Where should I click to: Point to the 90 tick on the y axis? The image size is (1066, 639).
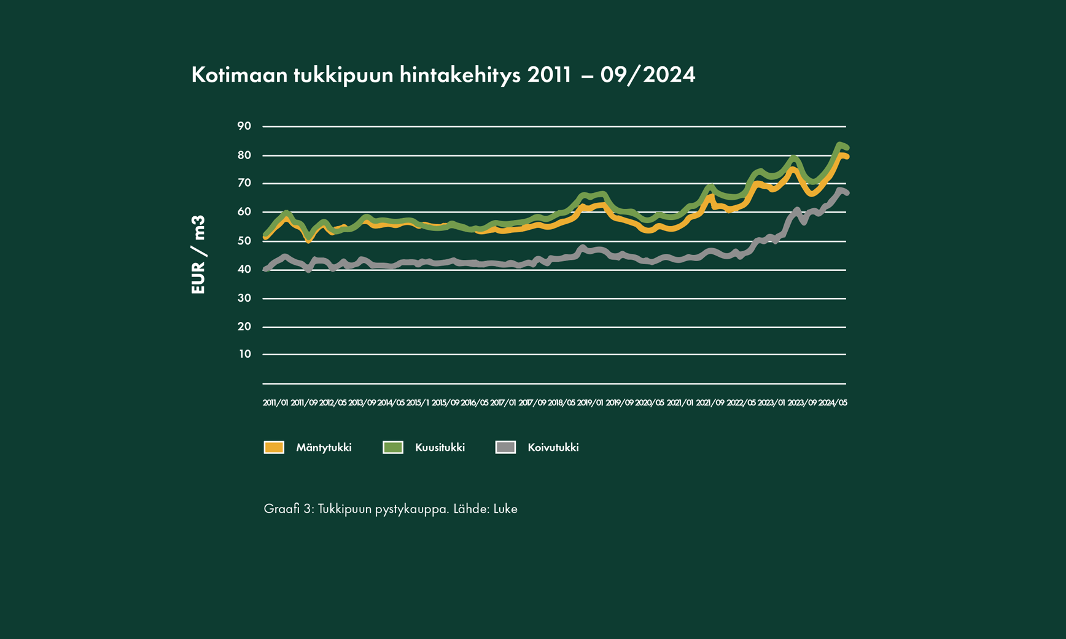click(244, 126)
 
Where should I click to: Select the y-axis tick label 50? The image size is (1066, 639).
click(244, 241)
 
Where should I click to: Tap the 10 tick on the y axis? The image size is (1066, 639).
click(245, 354)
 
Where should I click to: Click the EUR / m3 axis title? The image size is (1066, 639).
click(198, 255)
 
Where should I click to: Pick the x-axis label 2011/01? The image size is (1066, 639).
click(275, 403)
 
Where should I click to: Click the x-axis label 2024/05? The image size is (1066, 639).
click(833, 403)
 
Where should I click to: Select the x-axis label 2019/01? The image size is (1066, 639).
click(590, 403)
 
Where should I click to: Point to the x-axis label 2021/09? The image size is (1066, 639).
click(710, 403)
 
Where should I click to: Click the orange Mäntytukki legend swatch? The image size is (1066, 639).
click(274, 447)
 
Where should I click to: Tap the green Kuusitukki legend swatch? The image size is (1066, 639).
click(393, 447)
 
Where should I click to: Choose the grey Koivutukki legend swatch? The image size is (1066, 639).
click(505, 447)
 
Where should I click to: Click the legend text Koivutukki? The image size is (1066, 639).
click(553, 447)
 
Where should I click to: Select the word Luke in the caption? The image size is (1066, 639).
click(505, 509)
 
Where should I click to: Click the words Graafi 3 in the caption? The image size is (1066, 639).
click(288, 509)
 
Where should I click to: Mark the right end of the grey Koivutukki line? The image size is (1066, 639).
click(847, 194)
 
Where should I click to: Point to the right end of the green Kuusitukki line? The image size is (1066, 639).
click(847, 148)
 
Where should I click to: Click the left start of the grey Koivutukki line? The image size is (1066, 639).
click(265, 269)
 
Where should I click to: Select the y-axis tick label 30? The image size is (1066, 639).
click(244, 298)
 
